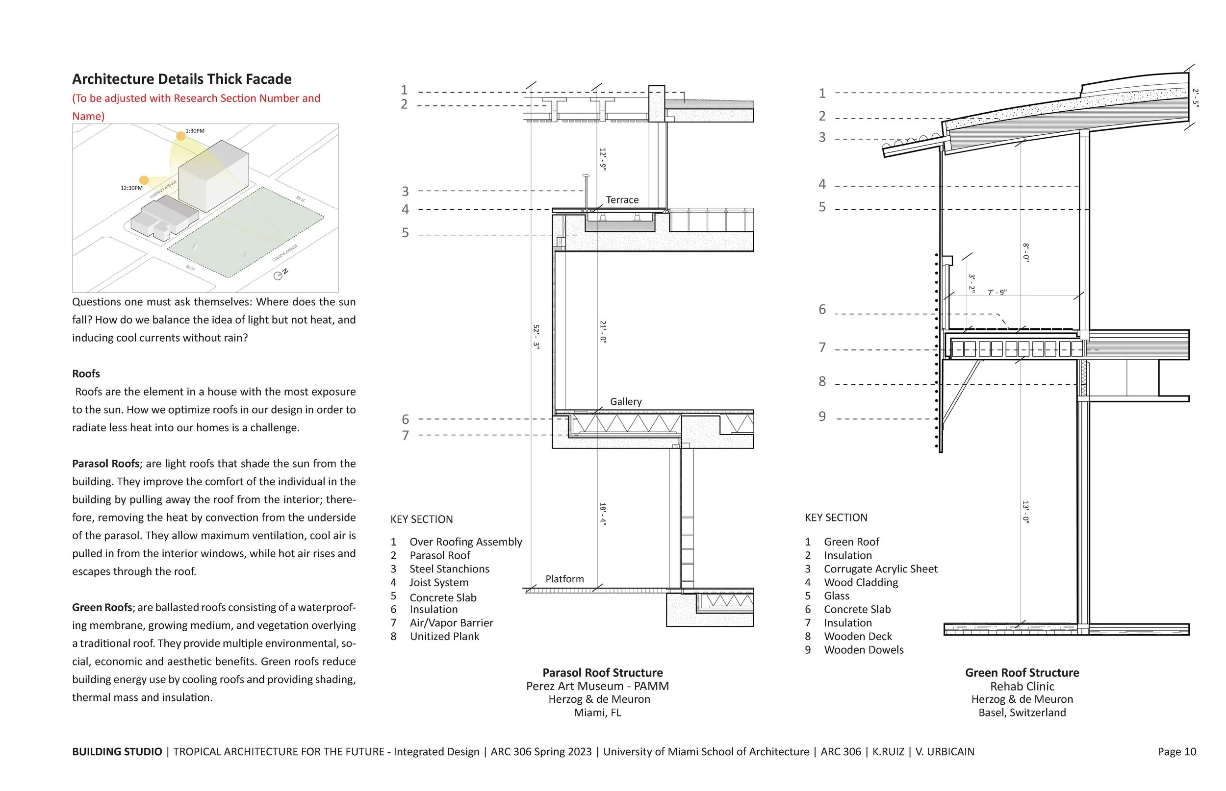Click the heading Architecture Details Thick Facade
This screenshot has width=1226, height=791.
[x=181, y=79]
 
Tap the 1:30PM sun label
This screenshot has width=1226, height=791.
[x=195, y=131]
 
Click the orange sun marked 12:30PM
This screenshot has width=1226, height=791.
[x=144, y=180]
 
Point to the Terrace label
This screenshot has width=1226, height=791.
[x=622, y=200]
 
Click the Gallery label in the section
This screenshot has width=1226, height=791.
[x=625, y=402]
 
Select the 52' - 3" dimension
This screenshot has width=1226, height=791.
[x=536, y=337]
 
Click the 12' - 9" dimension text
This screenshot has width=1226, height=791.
[x=603, y=159]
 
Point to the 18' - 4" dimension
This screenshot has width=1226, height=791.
[x=603, y=514]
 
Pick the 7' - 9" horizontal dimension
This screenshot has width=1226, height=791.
[x=997, y=292]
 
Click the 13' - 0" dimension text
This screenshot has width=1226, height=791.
[x=1025, y=512]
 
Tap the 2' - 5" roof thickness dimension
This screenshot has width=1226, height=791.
[x=1196, y=98]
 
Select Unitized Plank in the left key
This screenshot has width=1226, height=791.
[x=444, y=637]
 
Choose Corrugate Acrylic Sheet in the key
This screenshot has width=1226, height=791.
[x=880, y=569]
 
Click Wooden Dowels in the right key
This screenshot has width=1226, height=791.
[x=863, y=650]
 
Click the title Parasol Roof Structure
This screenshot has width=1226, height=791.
[x=602, y=673]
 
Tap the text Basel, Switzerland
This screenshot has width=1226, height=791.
[x=1022, y=713]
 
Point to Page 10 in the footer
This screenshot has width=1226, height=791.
[x=1176, y=752]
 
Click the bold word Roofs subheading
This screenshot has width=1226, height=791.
[x=86, y=374]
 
